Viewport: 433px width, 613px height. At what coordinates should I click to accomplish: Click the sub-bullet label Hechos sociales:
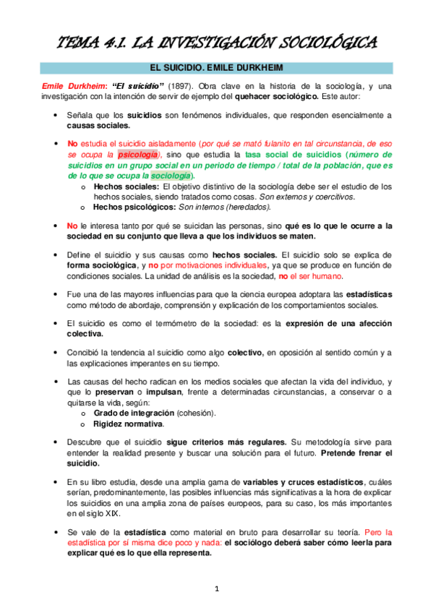point(127,187)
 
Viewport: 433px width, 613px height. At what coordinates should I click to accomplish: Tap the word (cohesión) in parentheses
point(197,412)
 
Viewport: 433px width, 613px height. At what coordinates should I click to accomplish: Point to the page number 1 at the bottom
point(216,589)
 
